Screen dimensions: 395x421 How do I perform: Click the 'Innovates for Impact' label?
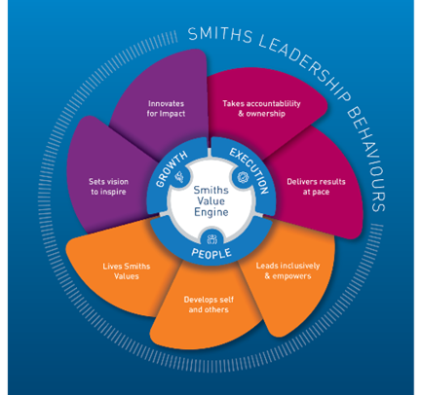point(167,109)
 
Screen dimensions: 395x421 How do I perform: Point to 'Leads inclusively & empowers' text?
point(287,269)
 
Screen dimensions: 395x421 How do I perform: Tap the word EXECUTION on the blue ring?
point(248,162)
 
